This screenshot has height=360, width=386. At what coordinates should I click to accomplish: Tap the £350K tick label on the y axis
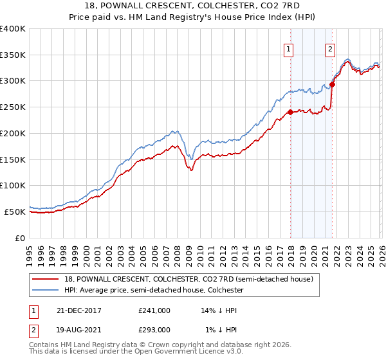pyautogui.click(x=13, y=55)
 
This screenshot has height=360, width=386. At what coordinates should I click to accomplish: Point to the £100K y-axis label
pyautogui.click(x=13, y=186)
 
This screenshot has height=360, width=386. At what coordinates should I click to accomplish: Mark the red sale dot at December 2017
pyautogui.click(x=290, y=112)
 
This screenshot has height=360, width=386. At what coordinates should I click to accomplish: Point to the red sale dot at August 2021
pyautogui.click(x=332, y=84)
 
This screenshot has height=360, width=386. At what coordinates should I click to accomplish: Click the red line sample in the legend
pyautogui.click(x=47, y=279)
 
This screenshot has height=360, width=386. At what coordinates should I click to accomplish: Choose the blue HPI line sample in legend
pyautogui.click(x=47, y=289)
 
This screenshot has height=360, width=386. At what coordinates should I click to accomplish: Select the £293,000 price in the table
pyautogui.click(x=154, y=329)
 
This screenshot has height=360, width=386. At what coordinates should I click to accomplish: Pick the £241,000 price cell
pyautogui.click(x=154, y=310)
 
